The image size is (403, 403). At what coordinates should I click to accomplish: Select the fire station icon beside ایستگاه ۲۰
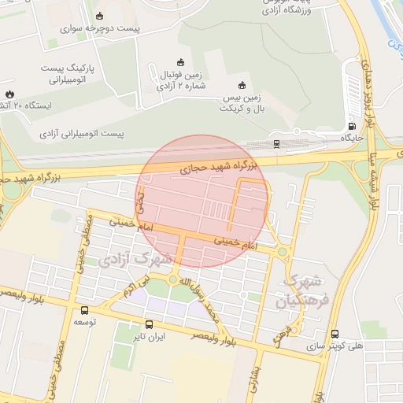(9, 94)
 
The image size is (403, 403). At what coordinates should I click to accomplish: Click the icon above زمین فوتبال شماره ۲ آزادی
(179, 63)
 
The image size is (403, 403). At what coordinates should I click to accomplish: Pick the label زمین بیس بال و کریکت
(242, 101)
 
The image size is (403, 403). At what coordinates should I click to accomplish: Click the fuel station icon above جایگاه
(350, 125)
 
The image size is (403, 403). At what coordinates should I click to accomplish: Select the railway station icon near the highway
(276, 144)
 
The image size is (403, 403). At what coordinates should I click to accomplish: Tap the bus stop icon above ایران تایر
(150, 324)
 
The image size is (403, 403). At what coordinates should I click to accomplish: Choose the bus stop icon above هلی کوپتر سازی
(335, 334)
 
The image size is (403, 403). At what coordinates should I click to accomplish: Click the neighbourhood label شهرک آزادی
(127, 257)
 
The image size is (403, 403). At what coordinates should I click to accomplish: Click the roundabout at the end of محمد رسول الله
(172, 280)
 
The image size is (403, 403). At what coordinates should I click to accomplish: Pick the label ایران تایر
(150, 337)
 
